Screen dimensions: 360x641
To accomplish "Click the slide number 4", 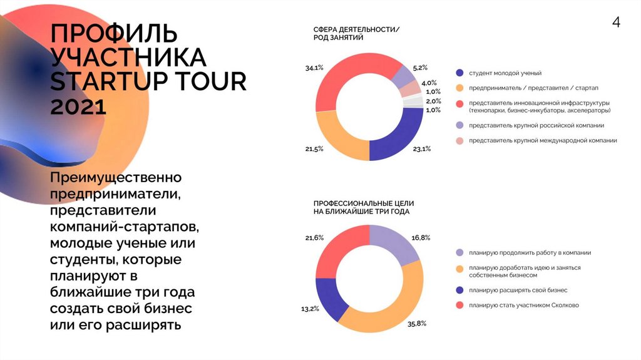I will pyautogui.click(x=616, y=23).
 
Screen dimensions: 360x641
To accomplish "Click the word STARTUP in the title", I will pyautogui.click(x=112, y=82).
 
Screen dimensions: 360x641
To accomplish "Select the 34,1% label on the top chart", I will pyautogui.click(x=314, y=67).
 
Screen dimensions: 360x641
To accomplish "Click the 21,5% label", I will pyautogui.click(x=314, y=148).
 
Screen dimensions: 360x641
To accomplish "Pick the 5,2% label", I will pyautogui.click(x=420, y=67).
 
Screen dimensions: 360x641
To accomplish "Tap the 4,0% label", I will pyautogui.click(x=429, y=83).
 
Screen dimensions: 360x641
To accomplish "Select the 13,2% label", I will pyautogui.click(x=310, y=309).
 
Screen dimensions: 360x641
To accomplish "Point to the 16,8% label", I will pyautogui.click(x=421, y=238).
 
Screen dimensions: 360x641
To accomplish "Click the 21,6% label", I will pyautogui.click(x=314, y=238).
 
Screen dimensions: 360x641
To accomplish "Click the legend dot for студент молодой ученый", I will pyautogui.click(x=460, y=73).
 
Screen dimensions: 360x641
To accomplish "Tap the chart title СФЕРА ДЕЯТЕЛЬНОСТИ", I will pyautogui.click(x=356, y=29).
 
